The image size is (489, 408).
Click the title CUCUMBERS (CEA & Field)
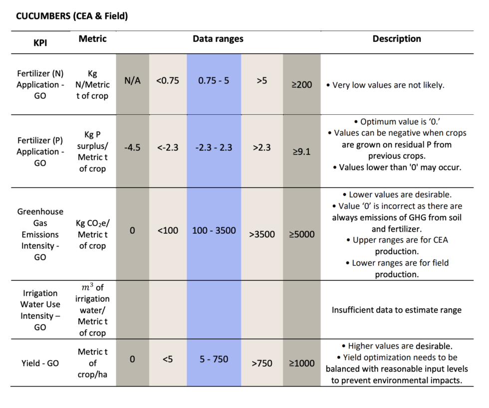coord(72,16)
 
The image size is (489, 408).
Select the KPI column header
coord(40,42)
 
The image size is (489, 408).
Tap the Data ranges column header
coord(218,39)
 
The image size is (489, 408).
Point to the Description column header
coord(397,39)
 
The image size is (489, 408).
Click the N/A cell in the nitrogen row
coord(133,80)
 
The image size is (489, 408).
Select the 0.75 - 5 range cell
coord(214,80)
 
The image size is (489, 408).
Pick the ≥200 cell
coord(301,84)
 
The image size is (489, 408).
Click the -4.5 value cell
coord(133,147)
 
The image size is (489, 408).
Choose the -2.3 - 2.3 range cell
coord(214,147)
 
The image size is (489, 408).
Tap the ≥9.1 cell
coord(301,151)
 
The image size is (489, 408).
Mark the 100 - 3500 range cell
coord(214,230)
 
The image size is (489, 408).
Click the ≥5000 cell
coord(301,234)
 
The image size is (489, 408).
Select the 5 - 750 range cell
coord(214,359)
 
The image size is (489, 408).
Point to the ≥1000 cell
coord(301,363)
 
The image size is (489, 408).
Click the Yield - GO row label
coord(40,363)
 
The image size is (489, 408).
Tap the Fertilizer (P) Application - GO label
coord(40,151)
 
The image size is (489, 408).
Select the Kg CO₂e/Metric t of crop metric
coord(93,234)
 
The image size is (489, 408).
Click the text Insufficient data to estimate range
coord(397,310)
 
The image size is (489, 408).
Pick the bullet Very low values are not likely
coord(385,85)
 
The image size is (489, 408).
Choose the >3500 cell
coord(262,234)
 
